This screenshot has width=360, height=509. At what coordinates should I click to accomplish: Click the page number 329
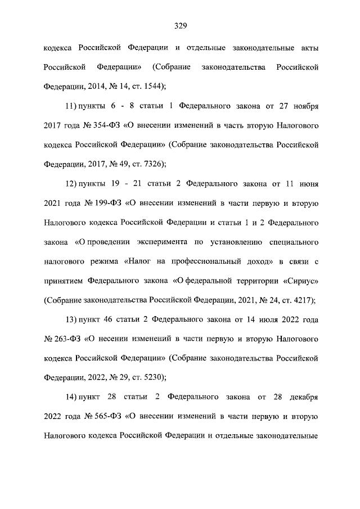point(180,25)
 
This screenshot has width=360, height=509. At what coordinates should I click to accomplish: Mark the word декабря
point(304,398)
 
